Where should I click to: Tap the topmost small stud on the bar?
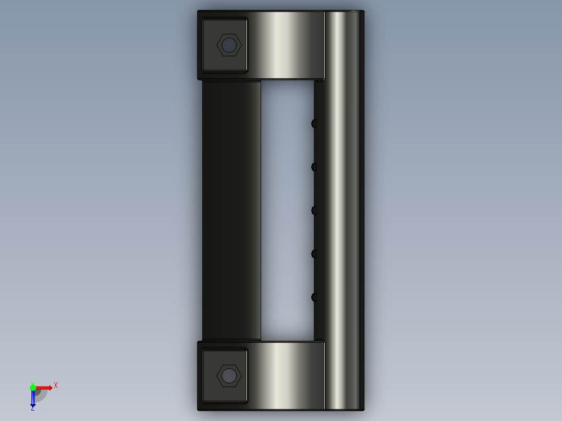click(x=314, y=123)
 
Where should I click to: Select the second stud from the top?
click(x=314, y=167)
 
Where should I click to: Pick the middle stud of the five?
click(x=314, y=210)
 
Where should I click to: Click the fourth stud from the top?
click(x=314, y=254)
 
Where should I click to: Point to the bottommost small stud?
click(x=314, y=297)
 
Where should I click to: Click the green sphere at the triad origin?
click(x=33, y=388)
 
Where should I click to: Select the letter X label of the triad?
click(x=56, y=386)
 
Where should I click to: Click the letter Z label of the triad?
click(x=32, y=409)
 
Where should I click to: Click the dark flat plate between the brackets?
click(x=231, y=208)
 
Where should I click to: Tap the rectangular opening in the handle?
click(x=287, y=208)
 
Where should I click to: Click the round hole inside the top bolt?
click(x=229, y=45)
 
